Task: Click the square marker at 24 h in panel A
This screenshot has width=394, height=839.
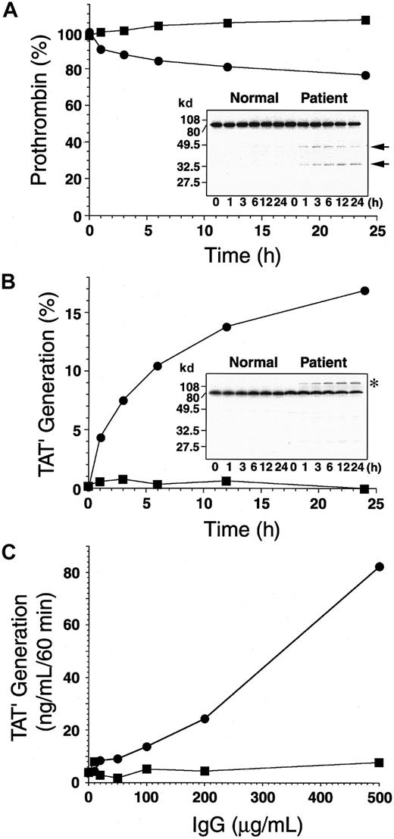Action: pos(365,20)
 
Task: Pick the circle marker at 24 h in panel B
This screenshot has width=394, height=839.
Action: pos(365,291)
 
